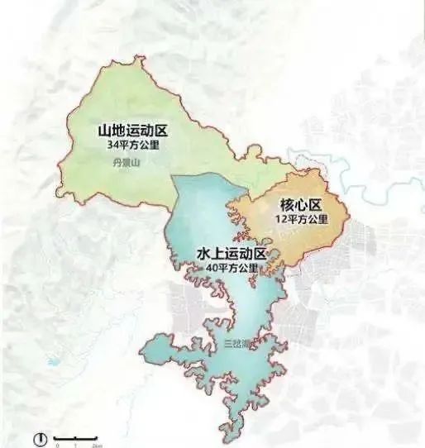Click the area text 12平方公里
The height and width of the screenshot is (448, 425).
click(302, 219)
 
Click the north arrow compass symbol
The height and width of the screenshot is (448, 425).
click(38, 437)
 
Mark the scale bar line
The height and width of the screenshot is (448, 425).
click(76, 436)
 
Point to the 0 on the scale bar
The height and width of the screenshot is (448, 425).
click(57, 445)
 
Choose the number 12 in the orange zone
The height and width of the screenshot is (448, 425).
click(283, 219)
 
